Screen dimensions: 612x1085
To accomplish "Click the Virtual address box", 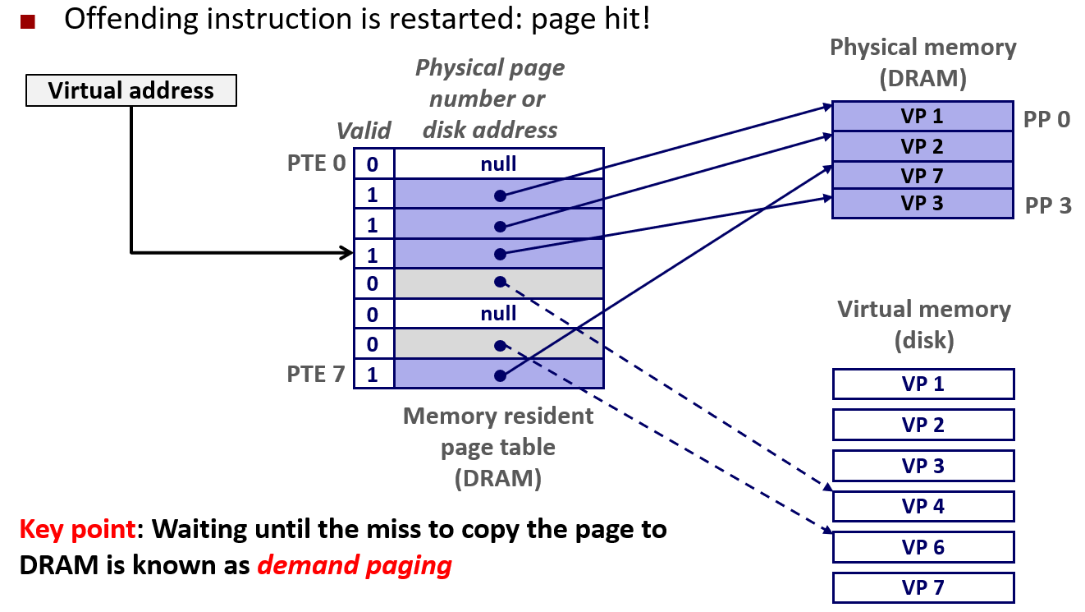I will tap(131, 90).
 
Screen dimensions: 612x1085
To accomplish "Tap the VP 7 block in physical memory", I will tap(922, 176).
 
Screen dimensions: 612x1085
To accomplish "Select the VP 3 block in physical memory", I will tap(922, 204).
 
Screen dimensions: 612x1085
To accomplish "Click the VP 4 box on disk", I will tap(923, 506).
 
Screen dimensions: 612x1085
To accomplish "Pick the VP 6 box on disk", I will tap(923, 547).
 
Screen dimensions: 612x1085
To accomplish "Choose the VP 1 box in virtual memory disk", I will tap(923, 384).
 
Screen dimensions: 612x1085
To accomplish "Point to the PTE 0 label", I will tap(317, 163).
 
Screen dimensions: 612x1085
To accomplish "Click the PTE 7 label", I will tap(317, 375).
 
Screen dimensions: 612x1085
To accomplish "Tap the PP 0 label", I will tap(1047, 120).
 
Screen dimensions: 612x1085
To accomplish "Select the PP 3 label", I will tap(1048, 205).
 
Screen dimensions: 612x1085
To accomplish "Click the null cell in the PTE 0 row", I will tap(499, 163).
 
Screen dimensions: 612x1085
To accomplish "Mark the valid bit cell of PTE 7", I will tap(373, 375).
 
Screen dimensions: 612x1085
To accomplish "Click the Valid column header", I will tap(364, 131).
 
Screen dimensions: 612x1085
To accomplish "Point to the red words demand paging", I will tap(354, 565).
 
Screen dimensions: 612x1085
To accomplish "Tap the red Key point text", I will tap(78, 529).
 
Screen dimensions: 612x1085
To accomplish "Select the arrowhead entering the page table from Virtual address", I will tap(346, 252).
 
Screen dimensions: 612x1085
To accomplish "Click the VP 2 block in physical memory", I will tap(922, 147).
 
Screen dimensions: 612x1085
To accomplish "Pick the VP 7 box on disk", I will tap(923, 587).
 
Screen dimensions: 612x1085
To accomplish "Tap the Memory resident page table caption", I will tap(498, 448).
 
